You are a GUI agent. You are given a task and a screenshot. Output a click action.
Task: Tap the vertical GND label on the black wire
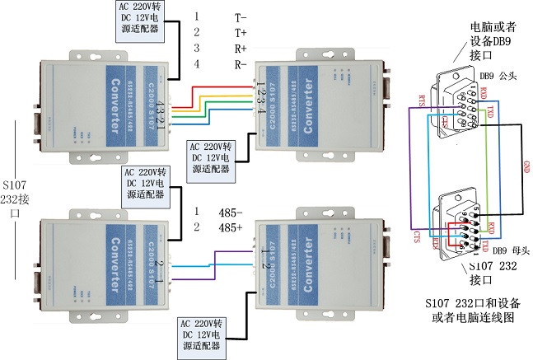pos(525,169)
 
